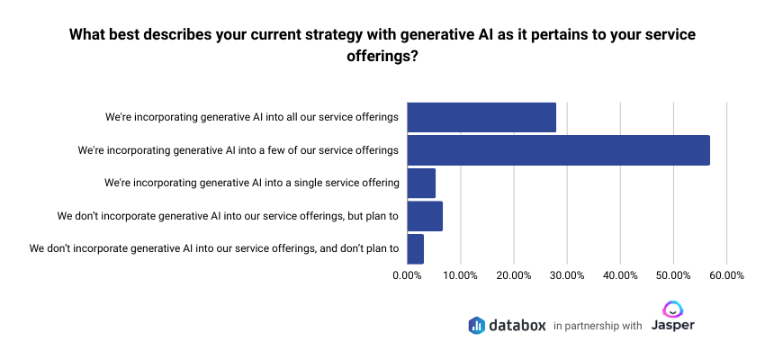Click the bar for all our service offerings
[x=481, y=117]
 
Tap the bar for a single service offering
[x=421, y=183]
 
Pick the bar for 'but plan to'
[x=425, y=216]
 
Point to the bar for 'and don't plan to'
[x=415, y=248]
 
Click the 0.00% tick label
[x=408, y=275]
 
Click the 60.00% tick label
[x=725, y=275]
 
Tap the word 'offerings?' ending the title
[x=382, y=56]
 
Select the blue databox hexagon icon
[x=477, y=325]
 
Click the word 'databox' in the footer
[x=517, y=325]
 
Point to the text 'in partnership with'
[x=598, y=326]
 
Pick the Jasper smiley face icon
[x=672, y=309]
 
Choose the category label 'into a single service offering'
[x=252, y=183]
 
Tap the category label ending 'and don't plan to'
[x=214, y=248]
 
